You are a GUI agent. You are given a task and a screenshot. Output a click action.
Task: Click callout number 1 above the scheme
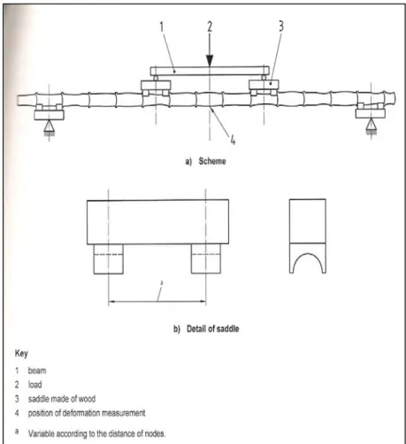pos(162,27)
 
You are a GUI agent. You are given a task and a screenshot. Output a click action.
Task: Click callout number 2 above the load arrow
pos(210,27)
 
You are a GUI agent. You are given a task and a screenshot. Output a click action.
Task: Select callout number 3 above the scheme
pos(281,26)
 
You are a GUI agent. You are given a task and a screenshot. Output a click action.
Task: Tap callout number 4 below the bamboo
pos(233,140)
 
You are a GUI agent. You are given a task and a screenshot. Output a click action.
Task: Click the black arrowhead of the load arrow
pos(210,61)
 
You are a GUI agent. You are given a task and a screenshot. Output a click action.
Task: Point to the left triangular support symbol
pos(49,126)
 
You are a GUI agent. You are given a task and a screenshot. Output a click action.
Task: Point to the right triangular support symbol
pos(372,125)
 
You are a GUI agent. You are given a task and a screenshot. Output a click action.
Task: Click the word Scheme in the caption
pos(212,161)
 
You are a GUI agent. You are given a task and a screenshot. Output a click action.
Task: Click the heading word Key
pos(21,354)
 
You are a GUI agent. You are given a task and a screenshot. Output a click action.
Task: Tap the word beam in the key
pos(37,371)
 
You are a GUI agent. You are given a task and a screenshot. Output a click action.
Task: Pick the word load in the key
pos(34,385)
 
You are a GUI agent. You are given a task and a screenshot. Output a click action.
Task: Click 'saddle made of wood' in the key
pos(62,399)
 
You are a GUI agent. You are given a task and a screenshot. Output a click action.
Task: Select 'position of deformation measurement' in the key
pos(87,413)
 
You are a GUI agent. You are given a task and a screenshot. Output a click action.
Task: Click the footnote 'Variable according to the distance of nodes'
pos(96,433)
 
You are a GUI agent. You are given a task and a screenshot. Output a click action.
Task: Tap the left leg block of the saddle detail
pos(109,259)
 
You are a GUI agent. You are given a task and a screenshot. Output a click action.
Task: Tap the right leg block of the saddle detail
pos(206,259)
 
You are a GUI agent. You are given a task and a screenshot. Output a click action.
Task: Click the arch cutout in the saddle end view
pos(308,254)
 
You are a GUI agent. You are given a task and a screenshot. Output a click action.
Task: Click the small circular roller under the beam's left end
pos(156,78)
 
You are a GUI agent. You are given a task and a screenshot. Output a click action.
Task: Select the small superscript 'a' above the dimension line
pos(162,283)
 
